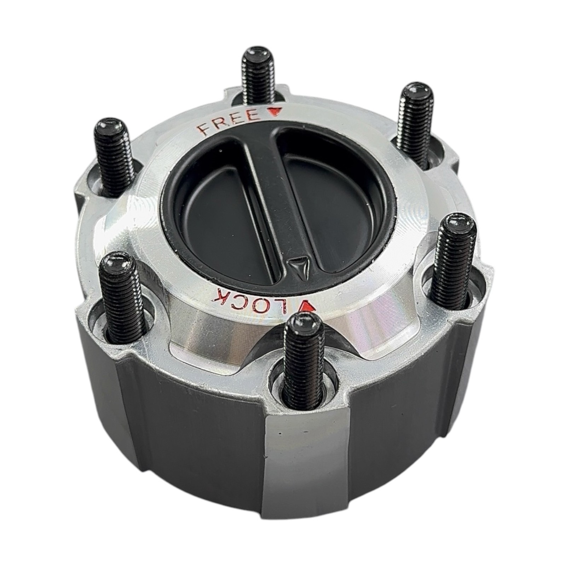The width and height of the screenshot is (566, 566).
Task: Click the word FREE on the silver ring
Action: (229, 122)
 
